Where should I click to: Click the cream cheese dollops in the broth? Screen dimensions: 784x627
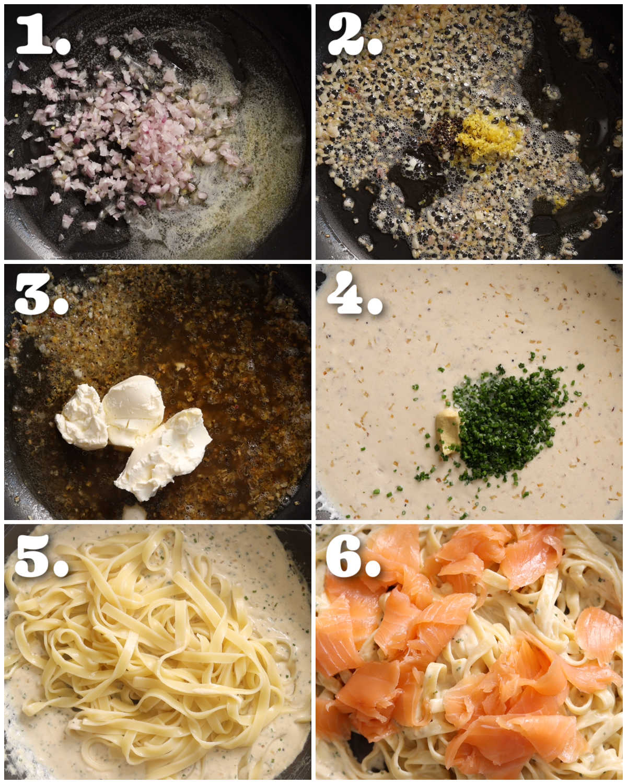click(x=136, y=434)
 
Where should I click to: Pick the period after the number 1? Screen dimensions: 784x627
click(x=63, y=46)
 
